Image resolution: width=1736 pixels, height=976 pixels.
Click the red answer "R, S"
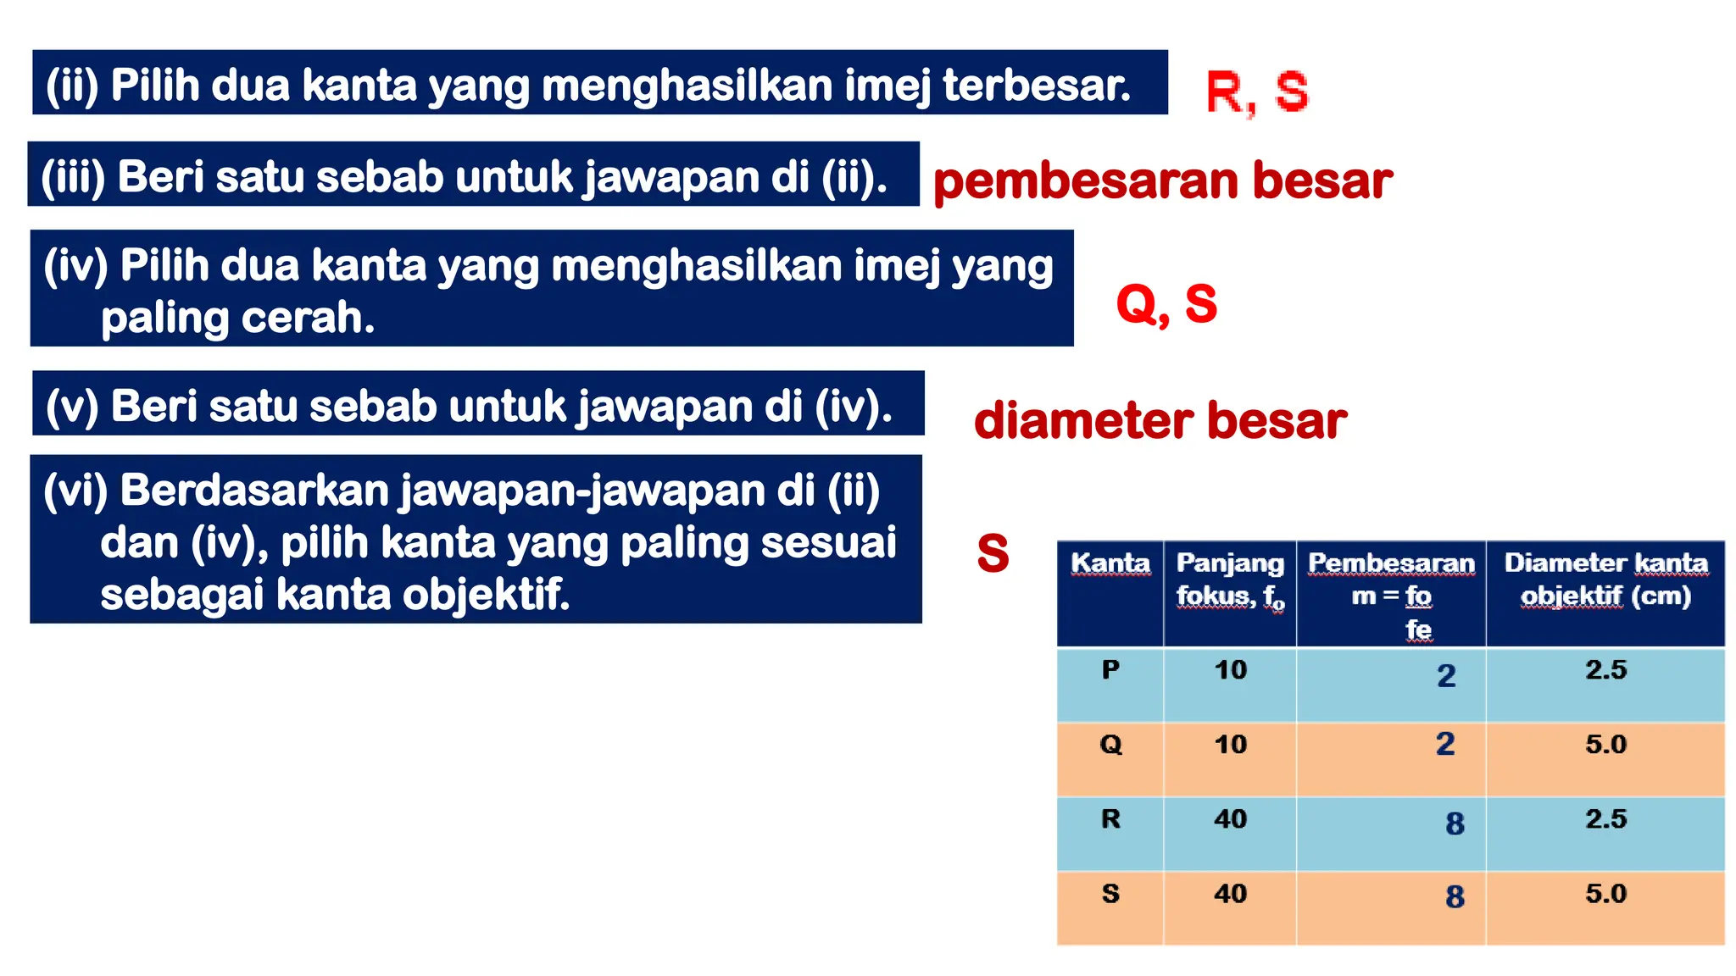[x=1256, y=92]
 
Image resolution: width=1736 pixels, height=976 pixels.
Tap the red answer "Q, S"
[x=1166, y=304]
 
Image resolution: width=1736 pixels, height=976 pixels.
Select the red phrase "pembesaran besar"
[x=1162, y=181]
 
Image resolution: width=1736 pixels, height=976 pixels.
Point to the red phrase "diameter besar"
[x=1160, y=421]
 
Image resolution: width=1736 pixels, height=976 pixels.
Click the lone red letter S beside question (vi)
[x=993, y=554]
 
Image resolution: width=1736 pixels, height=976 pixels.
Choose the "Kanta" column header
[x=1110, y=564]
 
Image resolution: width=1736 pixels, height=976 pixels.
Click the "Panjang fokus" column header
[x=1230, y=579]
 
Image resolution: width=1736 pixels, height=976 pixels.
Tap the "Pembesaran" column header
[x=1391, y=564]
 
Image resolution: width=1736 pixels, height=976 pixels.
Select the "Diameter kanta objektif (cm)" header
[x=1605, y=579]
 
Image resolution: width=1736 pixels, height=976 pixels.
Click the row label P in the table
[x=1110, y=670]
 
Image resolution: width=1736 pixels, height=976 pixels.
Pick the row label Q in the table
[x=1110, y=745]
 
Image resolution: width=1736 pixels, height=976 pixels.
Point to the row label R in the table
[x=1110, y=819]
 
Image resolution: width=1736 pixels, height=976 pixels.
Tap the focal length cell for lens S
[x=1230, y=894]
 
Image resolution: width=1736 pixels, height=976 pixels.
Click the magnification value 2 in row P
[x=1446, y=676]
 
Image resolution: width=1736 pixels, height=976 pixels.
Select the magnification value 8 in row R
[x=1455, y=823]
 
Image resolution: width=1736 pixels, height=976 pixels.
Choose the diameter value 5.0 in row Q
[x=1605, y=745]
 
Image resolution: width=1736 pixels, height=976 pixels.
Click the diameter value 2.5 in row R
[x=1605, y=819]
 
